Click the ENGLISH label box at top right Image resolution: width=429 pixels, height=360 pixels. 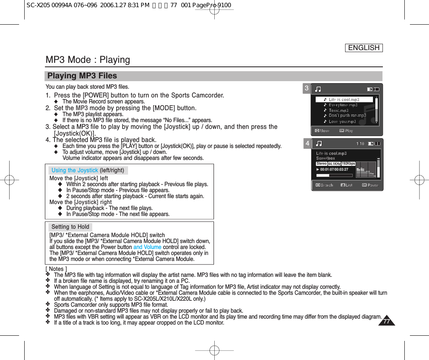pos(363,48)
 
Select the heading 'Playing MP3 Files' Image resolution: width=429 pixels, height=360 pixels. pos(82,76)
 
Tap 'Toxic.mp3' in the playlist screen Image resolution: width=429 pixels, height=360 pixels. pos(338,111)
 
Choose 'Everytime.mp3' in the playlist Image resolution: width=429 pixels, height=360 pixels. pos(343,105)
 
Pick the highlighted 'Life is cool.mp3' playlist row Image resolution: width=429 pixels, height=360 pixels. pos(344,99)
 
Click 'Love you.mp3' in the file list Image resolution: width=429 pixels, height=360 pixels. pos(342,121)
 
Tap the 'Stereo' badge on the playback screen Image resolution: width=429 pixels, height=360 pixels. pos(322,163)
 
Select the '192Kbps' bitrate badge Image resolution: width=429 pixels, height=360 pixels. pos(348,163)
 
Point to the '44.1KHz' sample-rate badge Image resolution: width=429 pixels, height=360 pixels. pos(334,164)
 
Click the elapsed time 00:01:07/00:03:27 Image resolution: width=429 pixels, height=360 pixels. pos(334,169)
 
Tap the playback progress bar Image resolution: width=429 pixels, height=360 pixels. pos(334,175)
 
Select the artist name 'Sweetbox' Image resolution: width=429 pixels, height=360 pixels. pos(326,158)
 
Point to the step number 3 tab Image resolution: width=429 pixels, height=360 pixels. pos(307,88)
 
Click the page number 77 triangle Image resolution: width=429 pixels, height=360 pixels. pos(386,321)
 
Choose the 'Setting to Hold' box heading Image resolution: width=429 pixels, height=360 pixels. pos(70,227)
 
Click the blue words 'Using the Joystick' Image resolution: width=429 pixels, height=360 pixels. pos(75,171)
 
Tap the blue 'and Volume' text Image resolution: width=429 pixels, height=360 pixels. pos(147,247)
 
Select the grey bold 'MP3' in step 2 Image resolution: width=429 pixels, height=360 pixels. pos(82,108)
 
